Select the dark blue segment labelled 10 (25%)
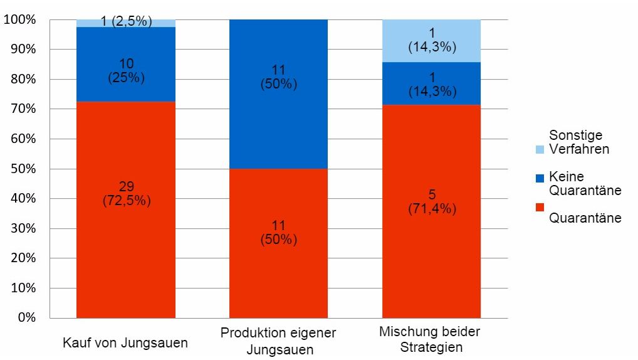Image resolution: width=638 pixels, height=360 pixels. click(125, 88)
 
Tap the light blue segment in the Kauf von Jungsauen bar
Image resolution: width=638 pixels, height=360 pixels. click(88, 23)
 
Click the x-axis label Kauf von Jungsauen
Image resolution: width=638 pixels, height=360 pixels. click(125, 343)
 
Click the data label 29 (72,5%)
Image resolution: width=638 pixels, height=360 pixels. click(125, 193)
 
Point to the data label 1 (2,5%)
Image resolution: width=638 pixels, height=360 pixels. click(126, 21)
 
